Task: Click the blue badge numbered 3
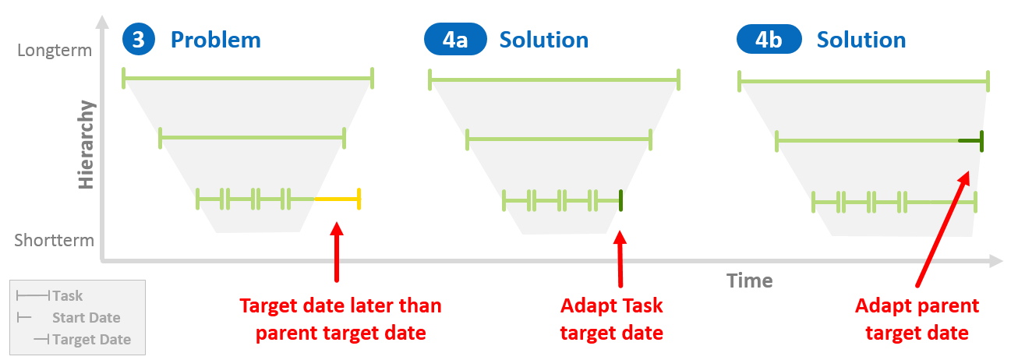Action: click(138, 40)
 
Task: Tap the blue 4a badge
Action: click(455, 40)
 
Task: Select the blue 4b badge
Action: click(769, 40)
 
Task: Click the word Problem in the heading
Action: click(215, 40)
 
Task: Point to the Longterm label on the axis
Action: click(54, 51)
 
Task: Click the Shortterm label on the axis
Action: click(54, 241)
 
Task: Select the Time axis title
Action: click(750, 281)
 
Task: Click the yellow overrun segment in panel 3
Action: click(337, 199)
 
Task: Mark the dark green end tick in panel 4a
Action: click(621, 201)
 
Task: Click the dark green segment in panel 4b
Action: click(970, 141)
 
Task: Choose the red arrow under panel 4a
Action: click(620, 257)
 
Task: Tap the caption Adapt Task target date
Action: click(612, 319)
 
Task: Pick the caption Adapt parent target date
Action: click(917, 319)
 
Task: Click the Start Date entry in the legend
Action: click(86, 318)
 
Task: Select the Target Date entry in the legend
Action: click(91, 340)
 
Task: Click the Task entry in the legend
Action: click(67, 296)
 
